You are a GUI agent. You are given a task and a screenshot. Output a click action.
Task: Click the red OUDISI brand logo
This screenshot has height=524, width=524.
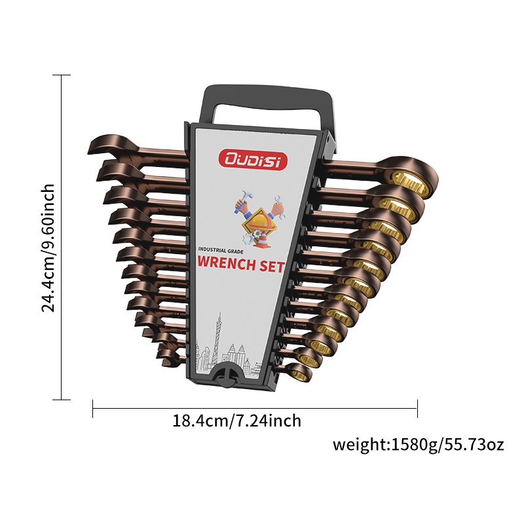[252, 159]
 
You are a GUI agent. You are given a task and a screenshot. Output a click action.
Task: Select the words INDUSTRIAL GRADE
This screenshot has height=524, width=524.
[221, 250]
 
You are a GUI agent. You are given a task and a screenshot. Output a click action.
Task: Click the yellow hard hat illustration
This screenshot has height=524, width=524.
[263, 221]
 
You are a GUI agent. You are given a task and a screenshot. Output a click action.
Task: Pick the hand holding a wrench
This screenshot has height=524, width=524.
[278, 207]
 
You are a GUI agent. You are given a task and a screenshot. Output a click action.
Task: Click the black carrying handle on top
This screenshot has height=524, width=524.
[267, 100]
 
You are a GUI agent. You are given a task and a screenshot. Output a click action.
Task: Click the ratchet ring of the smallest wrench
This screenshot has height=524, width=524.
[299, 373]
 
